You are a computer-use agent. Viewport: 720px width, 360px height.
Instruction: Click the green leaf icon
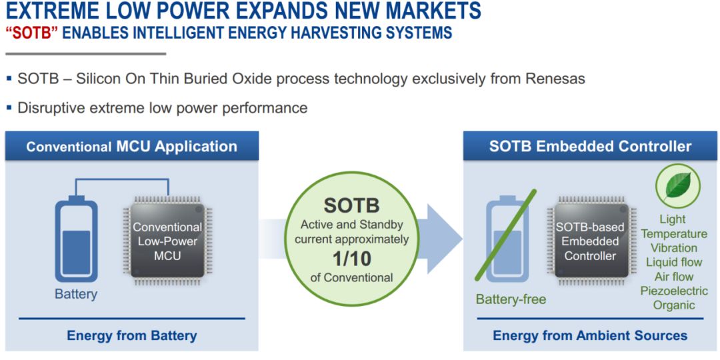[x=677, y=185]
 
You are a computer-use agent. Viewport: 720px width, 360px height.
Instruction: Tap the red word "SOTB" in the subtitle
[x=30, y=33]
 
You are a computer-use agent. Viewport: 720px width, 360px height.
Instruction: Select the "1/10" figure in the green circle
[x=352, y=259]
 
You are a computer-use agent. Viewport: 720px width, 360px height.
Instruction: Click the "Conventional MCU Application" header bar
[x=132, y=146]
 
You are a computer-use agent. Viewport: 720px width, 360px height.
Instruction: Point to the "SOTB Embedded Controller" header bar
[x=590, y=146]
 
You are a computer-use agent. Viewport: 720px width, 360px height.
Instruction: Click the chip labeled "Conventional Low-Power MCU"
[x=167, y=241]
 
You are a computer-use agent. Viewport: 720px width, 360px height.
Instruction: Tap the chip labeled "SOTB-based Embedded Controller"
[x=592, y=241]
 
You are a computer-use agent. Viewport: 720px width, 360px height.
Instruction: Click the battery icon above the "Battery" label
[x=76, y=239]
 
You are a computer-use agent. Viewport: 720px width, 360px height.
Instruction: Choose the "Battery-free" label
[x=511, y=300]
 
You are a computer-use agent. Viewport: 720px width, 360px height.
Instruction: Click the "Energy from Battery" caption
[x=132, y=335]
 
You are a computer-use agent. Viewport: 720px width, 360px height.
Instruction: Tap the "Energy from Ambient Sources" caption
[x=590, y=335]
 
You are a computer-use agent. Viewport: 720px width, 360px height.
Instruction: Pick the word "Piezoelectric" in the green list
[x=674, y=291]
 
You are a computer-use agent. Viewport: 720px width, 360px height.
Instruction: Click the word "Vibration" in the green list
[x=674, y=248]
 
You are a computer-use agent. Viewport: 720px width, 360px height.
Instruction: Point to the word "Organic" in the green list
[x=674, y=305]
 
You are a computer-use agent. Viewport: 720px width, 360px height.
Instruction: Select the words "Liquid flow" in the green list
[x=674, y=262]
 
